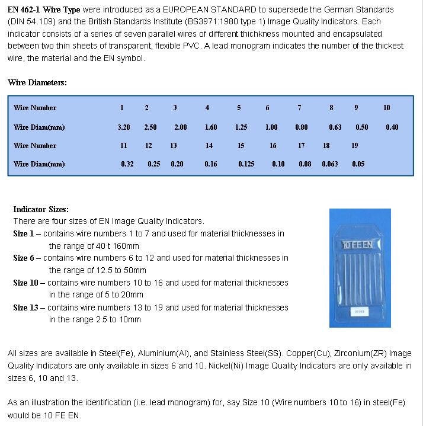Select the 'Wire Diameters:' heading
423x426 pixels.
click(x=37, y=82)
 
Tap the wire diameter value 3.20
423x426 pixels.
click(x=124, y=127)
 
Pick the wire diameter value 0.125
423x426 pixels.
click(x=246, y=164)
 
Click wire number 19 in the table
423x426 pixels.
click(x=354, y=146)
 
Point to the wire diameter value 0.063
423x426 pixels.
click(x=330, y=164)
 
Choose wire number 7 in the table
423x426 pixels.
click(x=299, y=108)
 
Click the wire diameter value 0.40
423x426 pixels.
click(x=392, y=127)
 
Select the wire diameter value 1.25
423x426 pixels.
click(x=241, y=127)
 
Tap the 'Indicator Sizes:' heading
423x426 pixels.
click(x=41, y=209)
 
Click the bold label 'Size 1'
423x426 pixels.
click(x=24, y=233)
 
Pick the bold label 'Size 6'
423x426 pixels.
click(x=24, y=258)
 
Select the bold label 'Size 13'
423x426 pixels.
click(x=25, y=308)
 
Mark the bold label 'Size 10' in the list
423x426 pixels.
click(x=25, y=283)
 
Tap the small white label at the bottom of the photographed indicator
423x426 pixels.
click(x=360, y=310)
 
